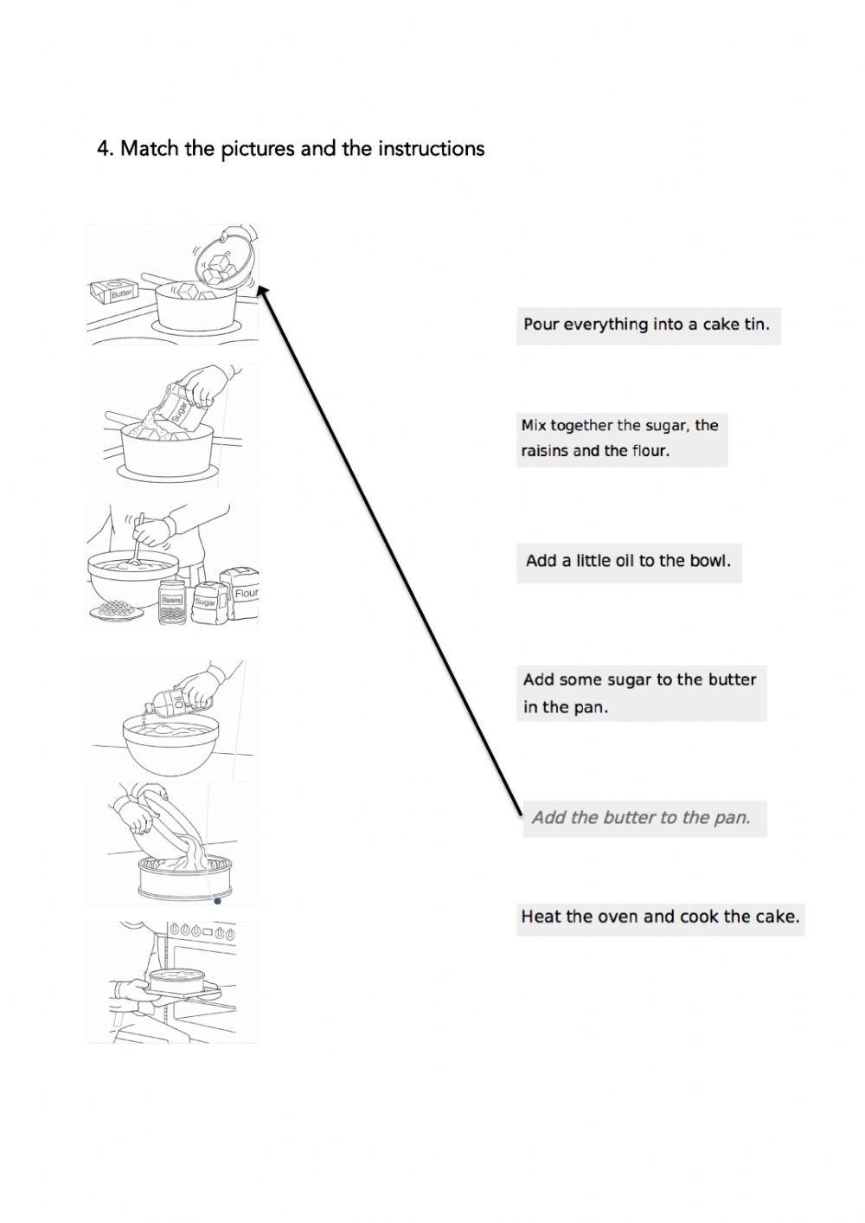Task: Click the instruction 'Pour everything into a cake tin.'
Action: [646, 325]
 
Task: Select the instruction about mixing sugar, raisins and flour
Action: [620, 438]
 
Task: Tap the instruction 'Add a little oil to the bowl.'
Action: [628, 561]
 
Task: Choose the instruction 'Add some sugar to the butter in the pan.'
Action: [640, 692]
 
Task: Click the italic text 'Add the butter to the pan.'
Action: [641, 817]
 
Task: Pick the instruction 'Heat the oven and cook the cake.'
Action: [660, 917]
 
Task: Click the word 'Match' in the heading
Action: [150, 149]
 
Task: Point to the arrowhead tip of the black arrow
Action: [260, 288]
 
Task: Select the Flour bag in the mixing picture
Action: [240, 593]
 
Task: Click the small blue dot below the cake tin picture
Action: [217, 901]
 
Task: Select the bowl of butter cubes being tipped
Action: [222, 265]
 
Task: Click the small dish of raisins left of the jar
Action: [116, 610]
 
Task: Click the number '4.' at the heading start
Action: [105, 149]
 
